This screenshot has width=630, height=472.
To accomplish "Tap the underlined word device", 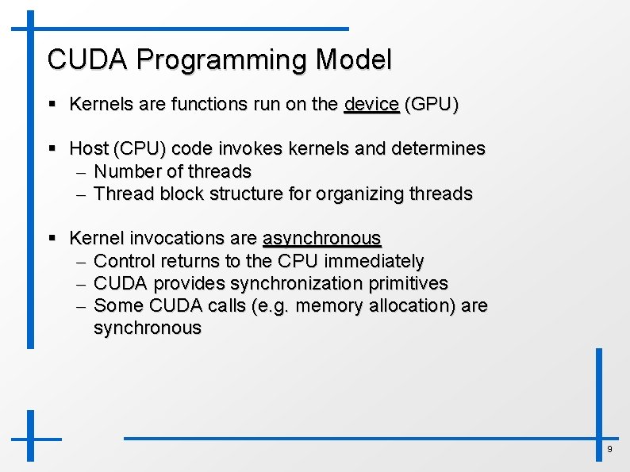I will click(x=371, y=104).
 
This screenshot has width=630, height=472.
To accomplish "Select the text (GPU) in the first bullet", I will click(x=431, y=104).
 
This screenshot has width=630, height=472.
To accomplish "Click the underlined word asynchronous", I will click(x=321, y=239).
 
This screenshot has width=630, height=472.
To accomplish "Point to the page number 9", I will click(x=609, y=450).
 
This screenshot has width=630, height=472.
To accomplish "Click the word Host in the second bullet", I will click(x=88, y=148).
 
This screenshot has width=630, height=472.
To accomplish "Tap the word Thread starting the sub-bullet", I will click(x=121, y=194).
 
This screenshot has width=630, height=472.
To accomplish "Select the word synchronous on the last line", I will click(x=148, y=328).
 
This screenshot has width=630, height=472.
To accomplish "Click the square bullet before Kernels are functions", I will click(x=52, y=105).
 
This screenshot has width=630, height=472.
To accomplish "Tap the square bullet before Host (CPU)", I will click(x=52, y=149).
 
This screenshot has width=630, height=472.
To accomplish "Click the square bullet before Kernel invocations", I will click(x=52, y=239).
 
